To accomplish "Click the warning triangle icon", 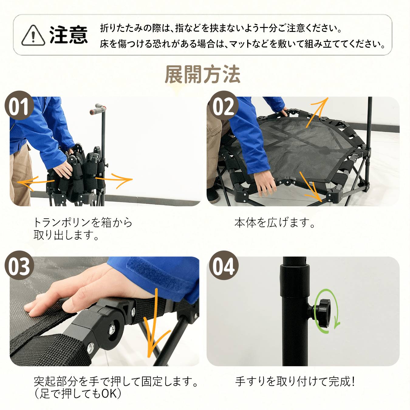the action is [x=33, y=35].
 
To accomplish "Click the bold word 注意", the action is [x=69, y=35].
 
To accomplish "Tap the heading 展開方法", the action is [x=203, y=74].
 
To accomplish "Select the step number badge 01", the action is [x=19, y=105].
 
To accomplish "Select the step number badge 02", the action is [x=224, y=105].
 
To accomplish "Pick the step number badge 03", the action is [x=19, y=265].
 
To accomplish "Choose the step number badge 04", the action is [x=224, y=265].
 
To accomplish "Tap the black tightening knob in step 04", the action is [x=323, y=312].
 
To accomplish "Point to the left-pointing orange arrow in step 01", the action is [x=36, y=182].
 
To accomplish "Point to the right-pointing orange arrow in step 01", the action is [x=114, y=180].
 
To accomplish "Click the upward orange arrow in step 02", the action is [x=317, y=112].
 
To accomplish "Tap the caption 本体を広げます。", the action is [x=275, y=223].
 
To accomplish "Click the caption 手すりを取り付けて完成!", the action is [x=295, y=381].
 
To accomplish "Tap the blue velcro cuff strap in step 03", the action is [x=159, y=277].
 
